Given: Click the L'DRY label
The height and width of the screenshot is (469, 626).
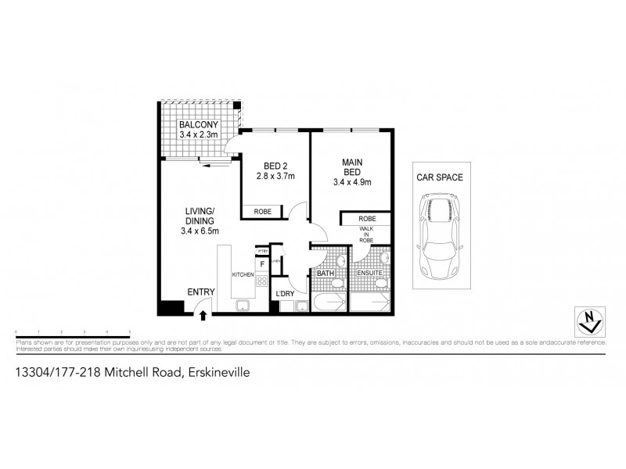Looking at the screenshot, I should pyautogui.click(x=283, y=294).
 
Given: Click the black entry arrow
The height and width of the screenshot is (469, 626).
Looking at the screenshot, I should pyautogui.click(x=203, y=314).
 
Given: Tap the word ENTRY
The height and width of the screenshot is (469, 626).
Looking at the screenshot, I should pyautogui.click(x=200, y=292).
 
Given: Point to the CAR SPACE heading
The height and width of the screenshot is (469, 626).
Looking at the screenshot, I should pyautogui.click(x=439, y=177).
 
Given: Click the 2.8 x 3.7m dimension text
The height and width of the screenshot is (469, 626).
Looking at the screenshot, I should pyautogui.click(x=275, y=176).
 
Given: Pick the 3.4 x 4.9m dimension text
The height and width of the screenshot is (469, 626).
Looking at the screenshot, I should pyautogui.click(x=351, y=182).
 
